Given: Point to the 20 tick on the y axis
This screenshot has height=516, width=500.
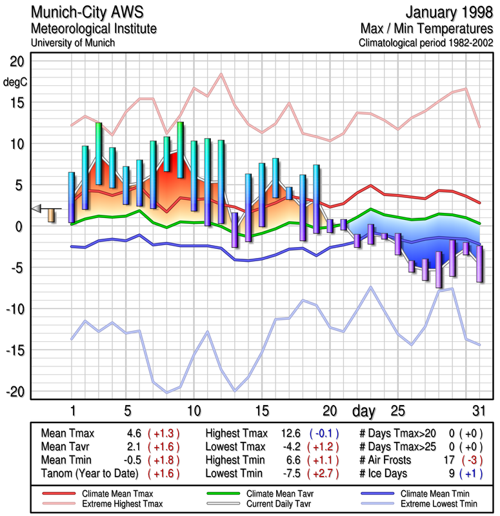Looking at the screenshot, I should click(x=16, y=61).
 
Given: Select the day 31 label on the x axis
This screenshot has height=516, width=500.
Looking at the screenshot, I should click(x=477, y=411).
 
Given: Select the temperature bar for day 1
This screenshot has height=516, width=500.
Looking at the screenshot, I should click(x=72, y=197).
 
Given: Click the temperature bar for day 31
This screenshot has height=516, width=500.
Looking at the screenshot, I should click(x=479, y=263).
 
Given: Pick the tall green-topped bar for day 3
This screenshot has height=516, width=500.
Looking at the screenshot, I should click(x=99, y=154).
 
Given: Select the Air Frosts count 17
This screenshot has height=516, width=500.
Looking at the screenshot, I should click(x=448, y=459).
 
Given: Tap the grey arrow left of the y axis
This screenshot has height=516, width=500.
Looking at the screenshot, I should click(x=37, y=208).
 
